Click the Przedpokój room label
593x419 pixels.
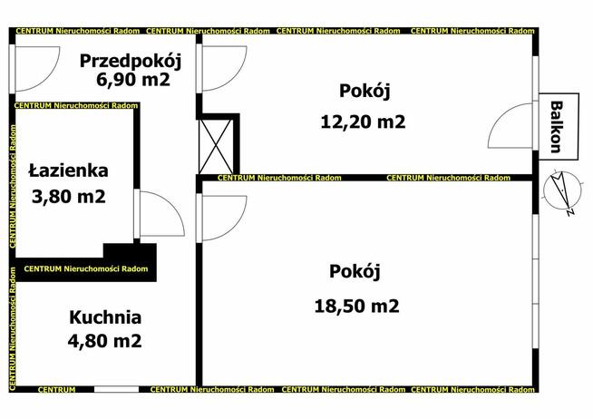[x=131, y=62]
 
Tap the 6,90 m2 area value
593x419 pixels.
[x=132, y=80]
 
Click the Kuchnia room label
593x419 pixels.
[x=105, y=317]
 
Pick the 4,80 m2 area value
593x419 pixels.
[x=105, y=341]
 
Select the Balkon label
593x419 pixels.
[x=555, y=125]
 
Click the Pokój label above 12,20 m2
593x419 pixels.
[x=363, y=91]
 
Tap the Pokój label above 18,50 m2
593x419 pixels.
[x=354, y=271]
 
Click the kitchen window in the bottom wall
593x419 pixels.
[x=116, y=389]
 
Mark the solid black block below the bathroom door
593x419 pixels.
[x=130, y=253]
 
